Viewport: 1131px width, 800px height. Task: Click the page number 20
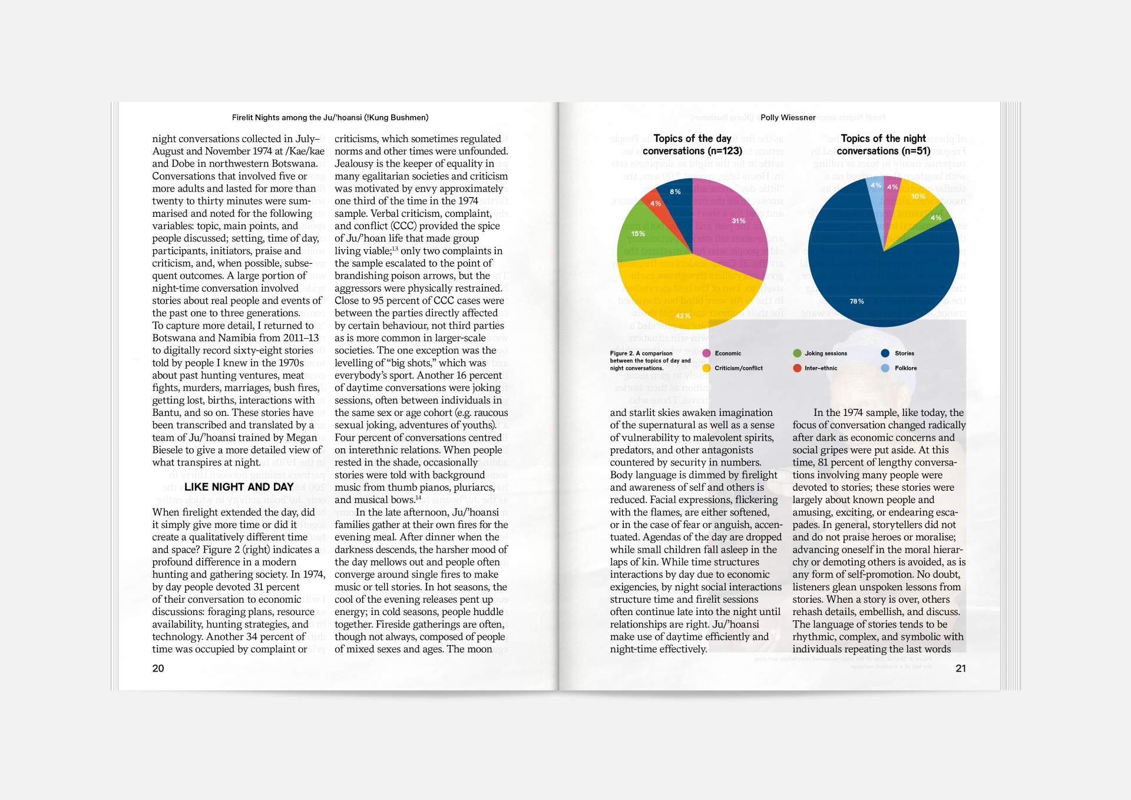158,668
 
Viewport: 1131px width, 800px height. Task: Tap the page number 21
960,668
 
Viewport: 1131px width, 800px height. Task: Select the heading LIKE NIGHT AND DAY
239,487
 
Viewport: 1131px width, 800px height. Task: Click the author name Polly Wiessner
788,118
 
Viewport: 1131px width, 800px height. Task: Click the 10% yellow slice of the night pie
913,203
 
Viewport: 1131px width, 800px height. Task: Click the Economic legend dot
706,353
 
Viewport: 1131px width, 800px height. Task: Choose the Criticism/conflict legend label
738,368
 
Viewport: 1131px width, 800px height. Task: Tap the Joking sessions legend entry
825,353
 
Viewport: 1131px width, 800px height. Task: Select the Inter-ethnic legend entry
820,368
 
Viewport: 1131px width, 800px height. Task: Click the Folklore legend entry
905,368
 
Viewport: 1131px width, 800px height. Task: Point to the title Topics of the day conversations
692,145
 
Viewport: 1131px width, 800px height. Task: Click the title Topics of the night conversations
883,145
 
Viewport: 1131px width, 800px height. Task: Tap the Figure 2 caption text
650,361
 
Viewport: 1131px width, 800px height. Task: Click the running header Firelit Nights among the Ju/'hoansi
330,118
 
